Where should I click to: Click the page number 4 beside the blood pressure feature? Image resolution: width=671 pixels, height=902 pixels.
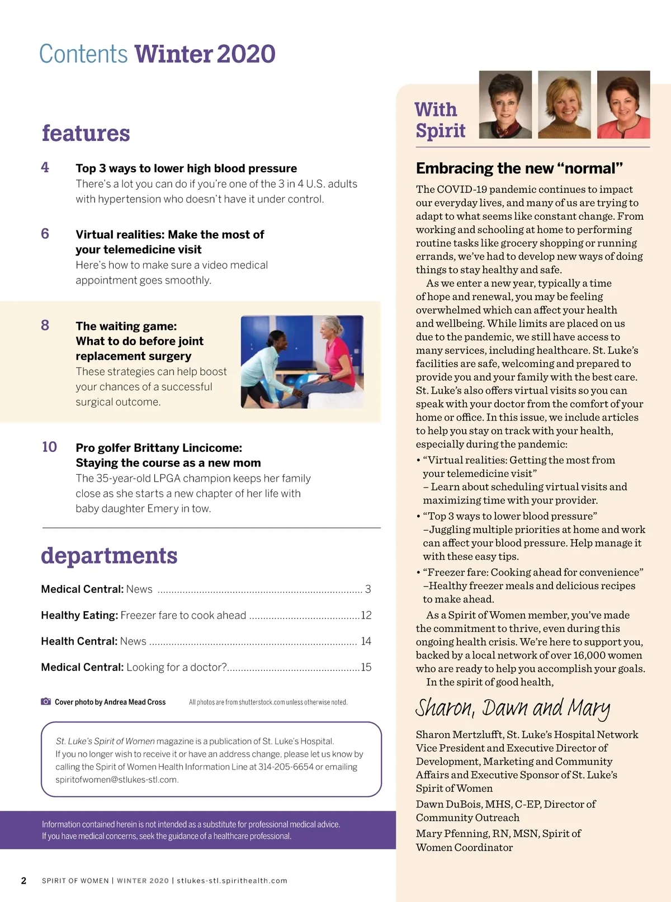(x=45, y=167)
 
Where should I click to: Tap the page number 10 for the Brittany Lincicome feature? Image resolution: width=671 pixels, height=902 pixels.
(x=49, y=447)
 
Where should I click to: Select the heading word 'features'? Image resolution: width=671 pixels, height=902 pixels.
(x=86, y=133)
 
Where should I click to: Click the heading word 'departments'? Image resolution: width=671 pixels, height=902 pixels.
(x=109, y=555)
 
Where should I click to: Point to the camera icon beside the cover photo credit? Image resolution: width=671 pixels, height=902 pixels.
(x=46, y=701)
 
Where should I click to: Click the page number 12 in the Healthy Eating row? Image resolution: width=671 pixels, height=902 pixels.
(x=366, y=615)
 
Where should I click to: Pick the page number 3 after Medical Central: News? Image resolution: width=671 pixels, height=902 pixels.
(x=368, y=589)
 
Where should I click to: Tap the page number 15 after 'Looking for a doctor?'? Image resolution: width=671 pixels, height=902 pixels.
(x=366, y=667)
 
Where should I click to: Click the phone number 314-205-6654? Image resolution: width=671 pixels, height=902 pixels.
(x=286, y=767)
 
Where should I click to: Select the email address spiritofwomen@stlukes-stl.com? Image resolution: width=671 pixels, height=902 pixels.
(x=116, y=780)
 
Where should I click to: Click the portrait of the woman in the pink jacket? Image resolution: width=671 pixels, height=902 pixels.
(x=623, y=105)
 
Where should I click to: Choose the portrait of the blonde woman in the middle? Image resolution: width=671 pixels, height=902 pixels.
(x=564, y=105)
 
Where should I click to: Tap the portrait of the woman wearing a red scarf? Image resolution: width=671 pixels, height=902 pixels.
(x=505, y=105)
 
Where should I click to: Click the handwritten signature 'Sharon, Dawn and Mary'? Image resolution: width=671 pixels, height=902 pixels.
(x=512, y=708)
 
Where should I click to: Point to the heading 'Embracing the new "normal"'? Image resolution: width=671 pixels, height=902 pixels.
(x=519, y=168)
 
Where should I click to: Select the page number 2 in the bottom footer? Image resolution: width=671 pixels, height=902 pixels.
(x=23, y=881)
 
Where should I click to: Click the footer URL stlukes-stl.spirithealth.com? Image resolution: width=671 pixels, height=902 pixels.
(x=232, y=881)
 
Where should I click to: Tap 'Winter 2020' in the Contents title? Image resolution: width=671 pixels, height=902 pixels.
(x=205, y=54)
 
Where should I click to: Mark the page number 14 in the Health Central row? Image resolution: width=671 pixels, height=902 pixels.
(x=366, y=641)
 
